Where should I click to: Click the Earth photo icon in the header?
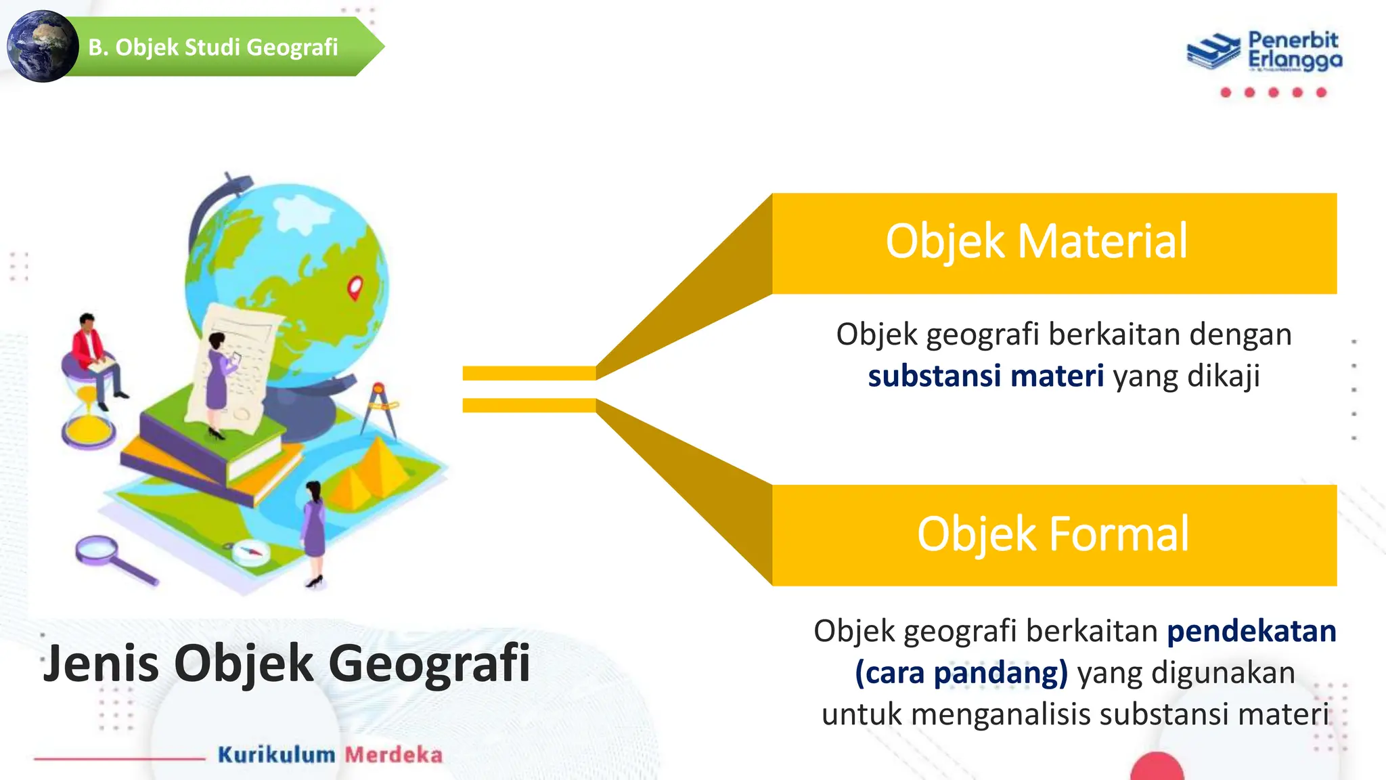coord(43,47)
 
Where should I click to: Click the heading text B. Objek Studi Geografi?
coord(213,47)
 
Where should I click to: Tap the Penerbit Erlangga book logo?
coord(1213,51)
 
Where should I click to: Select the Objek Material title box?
coord(1054,243)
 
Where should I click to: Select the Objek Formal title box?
coord(1054,535)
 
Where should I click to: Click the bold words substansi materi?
coord(985,376)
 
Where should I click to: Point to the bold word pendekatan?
coord(1251,631)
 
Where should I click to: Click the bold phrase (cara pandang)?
coord(961,673)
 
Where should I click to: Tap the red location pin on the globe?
coord(355,288)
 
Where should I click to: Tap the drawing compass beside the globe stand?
coord(380,410)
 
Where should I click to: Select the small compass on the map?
coord(250,552)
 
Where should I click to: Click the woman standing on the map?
coord(315,532)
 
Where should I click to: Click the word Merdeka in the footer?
coord(393,755)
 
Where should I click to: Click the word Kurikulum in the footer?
coord(276,755)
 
